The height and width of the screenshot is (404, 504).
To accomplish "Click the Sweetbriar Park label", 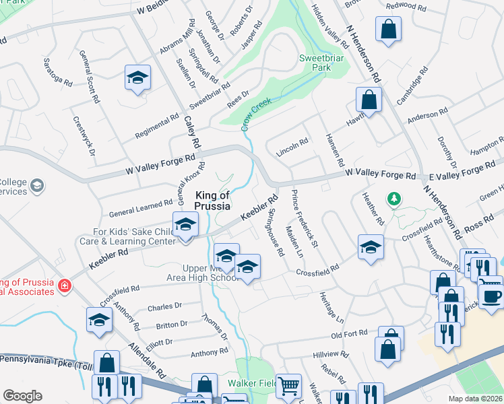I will tap(321, 63).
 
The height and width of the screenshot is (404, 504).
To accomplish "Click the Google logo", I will tap(22, 396).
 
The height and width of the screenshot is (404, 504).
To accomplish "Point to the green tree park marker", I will tap(393, 199).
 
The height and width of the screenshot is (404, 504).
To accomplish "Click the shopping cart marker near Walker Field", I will tap(288, 386).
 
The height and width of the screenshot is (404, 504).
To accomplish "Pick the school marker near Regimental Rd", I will tap(137, 78).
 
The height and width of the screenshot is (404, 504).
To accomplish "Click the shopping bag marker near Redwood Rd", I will tap(389, 29).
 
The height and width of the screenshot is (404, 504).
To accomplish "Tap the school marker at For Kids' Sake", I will tap(185, 224).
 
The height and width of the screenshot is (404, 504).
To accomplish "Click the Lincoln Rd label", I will tap(292, 148).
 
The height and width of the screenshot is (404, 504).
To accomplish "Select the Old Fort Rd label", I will tap(349, 333).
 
